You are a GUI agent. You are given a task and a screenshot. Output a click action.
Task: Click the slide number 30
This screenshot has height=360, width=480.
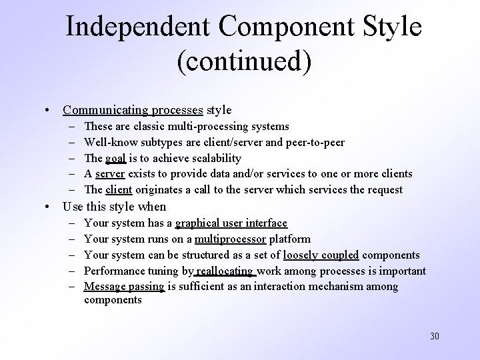[x=433, y=336]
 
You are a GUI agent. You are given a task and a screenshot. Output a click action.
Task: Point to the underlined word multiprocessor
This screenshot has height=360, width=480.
[x=229, y=239]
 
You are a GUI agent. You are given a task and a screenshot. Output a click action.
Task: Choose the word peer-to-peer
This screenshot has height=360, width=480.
[x=313, y=142]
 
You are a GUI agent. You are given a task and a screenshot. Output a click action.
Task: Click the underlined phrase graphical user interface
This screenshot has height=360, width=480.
[x=231, y=223]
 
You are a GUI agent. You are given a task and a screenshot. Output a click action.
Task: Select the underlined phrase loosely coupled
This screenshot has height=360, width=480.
[x=321, y=255]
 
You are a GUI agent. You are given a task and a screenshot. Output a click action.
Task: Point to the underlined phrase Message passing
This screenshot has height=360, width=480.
[x=125, y=287]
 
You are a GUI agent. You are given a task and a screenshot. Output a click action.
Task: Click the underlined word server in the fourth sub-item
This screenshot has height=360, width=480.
[x=110, y=174]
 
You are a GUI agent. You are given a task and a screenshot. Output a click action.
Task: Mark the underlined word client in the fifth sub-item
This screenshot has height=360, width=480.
[x=119, y=190]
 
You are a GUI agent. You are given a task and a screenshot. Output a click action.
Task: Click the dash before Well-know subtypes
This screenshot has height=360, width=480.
[x=71, y=142]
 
